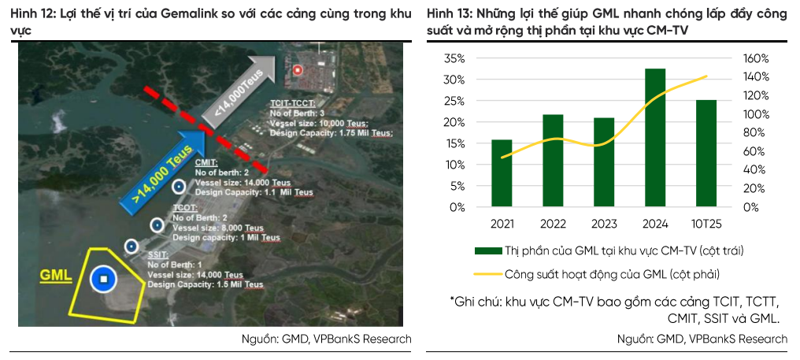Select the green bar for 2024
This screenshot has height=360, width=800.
[x=655, y=138]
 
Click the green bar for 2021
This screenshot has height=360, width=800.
[x=502, y=173]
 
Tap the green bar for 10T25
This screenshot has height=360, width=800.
[x=706, y=154]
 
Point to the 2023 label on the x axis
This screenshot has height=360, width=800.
[x=604, y=224]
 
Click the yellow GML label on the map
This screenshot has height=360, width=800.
[x=56, y=276]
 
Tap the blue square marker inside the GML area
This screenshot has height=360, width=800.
[x=103, y=278]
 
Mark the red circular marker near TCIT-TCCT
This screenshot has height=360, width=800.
[x=298, y=70]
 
